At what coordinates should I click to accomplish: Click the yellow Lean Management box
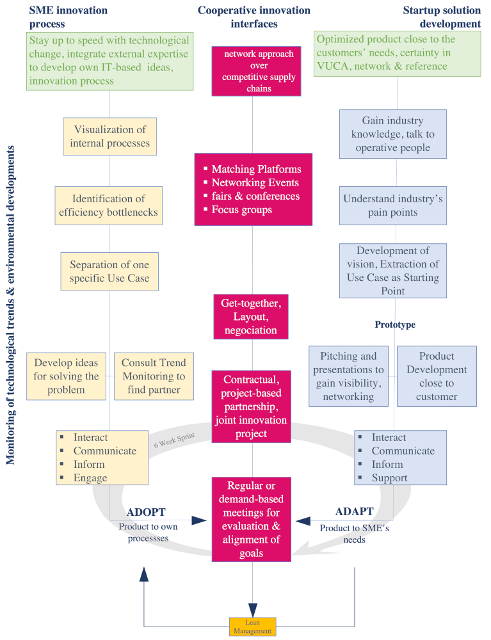coord(252,627)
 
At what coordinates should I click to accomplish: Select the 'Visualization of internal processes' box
coord(109,136)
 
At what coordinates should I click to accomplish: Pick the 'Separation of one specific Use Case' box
coord(109,271)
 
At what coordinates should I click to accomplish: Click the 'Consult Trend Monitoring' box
coord(154,376)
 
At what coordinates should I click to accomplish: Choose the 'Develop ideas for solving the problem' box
coord(66,376)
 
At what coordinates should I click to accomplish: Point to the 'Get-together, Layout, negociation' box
coord(251,317)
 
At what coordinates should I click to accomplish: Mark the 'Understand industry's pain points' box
coord(392,205)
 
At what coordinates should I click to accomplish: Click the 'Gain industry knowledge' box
coord(392,134)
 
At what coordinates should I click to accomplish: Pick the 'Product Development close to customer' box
coord(437,376)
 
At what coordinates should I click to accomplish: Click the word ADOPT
coord(146,513)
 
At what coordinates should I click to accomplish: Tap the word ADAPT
coord(354,512)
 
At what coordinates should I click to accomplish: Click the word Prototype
coord(394,324)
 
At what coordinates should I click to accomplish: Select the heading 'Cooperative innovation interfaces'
coord(254,17)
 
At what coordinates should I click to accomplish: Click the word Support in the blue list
coord(389,477)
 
